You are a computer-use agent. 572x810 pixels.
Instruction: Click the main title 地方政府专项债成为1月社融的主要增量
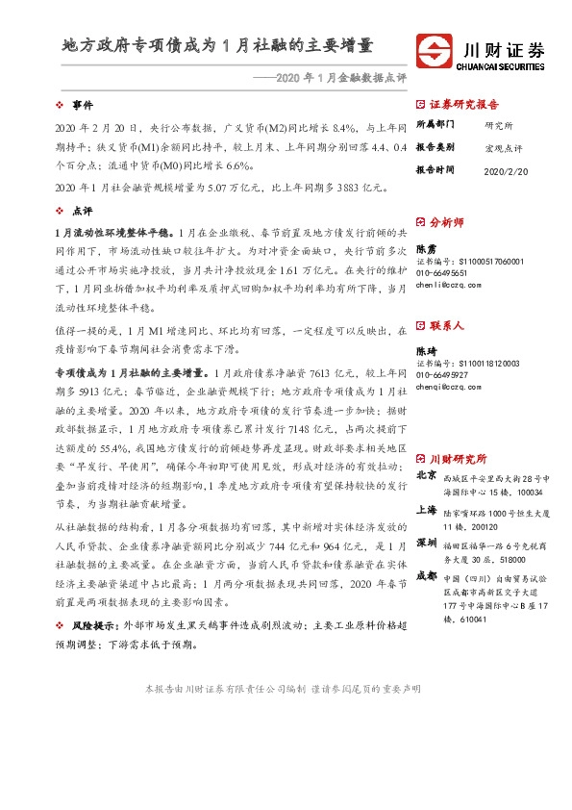(217, 45)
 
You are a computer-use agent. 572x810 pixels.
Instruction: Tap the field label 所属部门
(435, 125)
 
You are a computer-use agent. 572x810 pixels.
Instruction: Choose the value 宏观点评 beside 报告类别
(504, 147)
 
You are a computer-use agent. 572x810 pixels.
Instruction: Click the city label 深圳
(427, 543)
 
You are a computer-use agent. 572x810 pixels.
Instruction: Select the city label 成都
(427, 576)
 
